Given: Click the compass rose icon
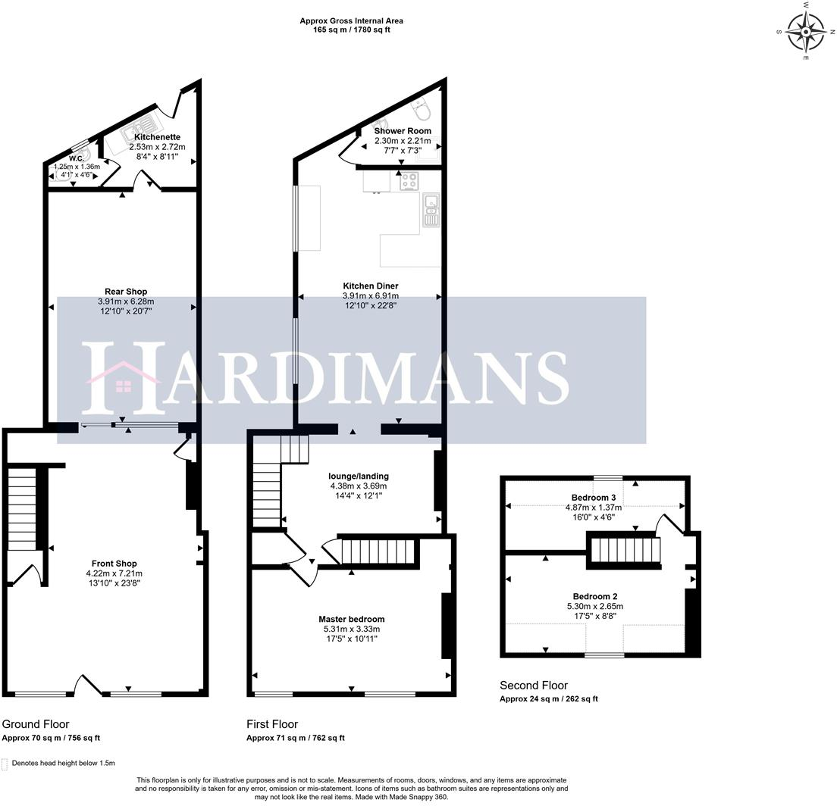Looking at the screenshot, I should click(x=805, y=32).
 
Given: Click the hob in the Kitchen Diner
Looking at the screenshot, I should click(x=410, y=182).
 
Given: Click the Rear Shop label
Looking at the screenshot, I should click(x=126, y=291).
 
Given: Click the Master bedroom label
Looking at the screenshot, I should click(x=351, y=619).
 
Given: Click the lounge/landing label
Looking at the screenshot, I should click(x=359, y=476).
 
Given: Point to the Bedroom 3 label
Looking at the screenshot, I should click(x=593, y=498).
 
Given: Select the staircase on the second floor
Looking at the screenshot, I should click(x=625, y=549).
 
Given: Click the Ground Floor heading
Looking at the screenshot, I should click(x=36, y=724).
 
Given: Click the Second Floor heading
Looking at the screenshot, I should click(x=534, y=686).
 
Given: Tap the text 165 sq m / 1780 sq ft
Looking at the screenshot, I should click(x=351, y=30).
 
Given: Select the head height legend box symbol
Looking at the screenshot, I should click(x=5, y=764).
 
